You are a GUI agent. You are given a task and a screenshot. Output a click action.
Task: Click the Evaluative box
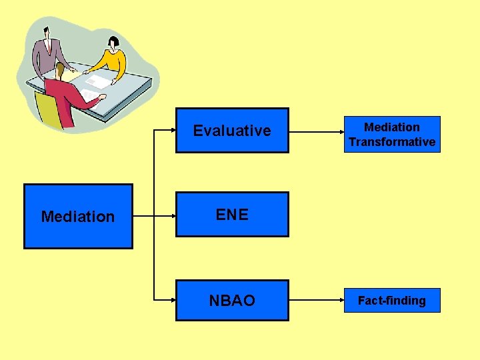click(232, 131)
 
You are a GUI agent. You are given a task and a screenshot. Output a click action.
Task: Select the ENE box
click(232, 215)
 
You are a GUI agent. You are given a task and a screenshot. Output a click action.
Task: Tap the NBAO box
click(232, 301)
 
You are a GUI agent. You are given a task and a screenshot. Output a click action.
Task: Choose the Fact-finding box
click(392, 301)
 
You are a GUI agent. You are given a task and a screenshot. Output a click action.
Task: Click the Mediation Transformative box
click(392, 135)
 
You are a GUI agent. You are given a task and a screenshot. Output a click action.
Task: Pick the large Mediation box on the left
click(78, 217)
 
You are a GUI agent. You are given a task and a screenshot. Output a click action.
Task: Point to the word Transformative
click(392, 142)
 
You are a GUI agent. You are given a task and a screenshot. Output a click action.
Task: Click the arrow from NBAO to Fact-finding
click(316, 301)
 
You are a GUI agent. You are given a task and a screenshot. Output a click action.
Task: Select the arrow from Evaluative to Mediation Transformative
click(316, 131)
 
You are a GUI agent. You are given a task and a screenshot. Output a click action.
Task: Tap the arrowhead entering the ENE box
click(171, 215)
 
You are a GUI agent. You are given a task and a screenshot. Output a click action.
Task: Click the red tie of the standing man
click(50, 46)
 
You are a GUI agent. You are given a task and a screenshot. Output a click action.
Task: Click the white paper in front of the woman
click(99, 81)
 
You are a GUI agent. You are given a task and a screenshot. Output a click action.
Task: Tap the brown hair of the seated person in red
click(61, 69)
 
